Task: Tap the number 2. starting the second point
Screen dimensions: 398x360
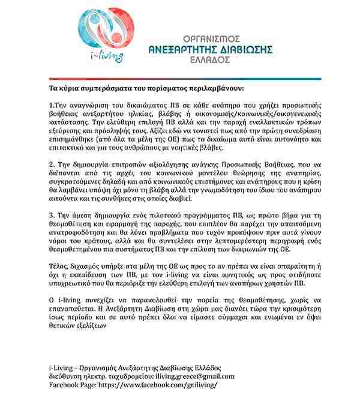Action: tap(52, 164)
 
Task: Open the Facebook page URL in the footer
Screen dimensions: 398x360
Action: tap(157, 384)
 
